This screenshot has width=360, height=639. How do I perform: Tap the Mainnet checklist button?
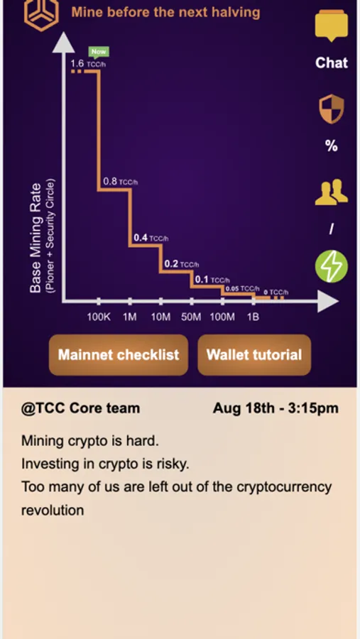coord(119,354)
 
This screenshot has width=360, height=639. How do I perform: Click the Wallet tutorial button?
coord(254,354)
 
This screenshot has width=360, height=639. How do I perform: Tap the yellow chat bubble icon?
coord(332,26)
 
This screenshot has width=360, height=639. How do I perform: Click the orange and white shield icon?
coord(331,109)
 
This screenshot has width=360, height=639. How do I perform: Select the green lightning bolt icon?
coord(332,266)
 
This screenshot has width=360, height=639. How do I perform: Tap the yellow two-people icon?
coord(332,192)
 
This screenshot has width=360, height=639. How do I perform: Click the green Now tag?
coord(99,52)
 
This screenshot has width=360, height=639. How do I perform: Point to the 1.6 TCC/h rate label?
coord(89,64)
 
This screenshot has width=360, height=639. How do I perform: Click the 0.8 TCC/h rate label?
coord(120,181)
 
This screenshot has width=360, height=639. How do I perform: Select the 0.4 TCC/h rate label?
coord(151,238)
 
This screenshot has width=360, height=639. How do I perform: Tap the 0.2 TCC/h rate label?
coord(182,264)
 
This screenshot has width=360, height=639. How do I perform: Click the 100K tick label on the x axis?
coord(99,317)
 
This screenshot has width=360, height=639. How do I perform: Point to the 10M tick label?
coord(160,317)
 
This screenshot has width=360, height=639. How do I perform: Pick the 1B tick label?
coord(253,317)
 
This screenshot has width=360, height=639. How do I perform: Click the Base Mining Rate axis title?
coord(36,238)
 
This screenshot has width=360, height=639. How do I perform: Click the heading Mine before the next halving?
coord(165,12)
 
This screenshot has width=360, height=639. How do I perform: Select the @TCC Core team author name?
coord(81,408)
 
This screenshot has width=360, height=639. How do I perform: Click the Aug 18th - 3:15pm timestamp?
coord(276,408)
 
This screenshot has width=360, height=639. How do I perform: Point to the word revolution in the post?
coord(53,510)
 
